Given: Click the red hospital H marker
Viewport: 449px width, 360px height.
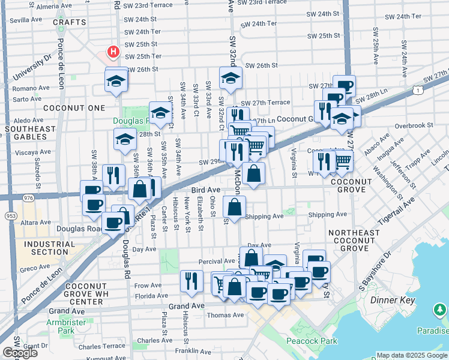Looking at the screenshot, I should [112, 53].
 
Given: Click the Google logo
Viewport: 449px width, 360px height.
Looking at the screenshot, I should [20, 353].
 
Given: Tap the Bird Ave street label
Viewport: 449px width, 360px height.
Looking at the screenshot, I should [206, 189].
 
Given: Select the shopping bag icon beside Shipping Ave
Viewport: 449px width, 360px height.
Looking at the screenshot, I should [234, 207].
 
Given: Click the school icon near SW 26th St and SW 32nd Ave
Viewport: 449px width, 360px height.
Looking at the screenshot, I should [231, 78].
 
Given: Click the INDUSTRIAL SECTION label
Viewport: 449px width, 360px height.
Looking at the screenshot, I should [46, 248].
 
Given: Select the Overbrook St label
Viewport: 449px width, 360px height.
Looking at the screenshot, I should [414, 125].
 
